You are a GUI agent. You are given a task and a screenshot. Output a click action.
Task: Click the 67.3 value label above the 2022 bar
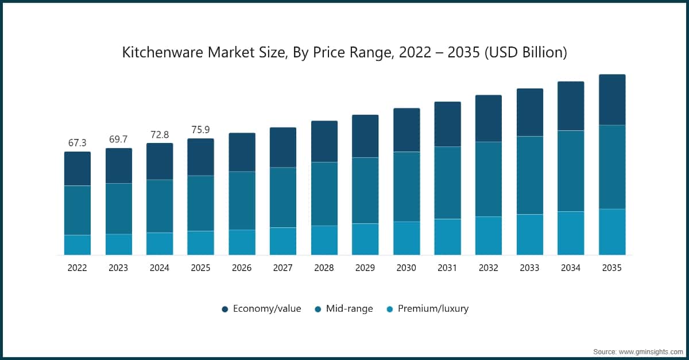pos(77,143)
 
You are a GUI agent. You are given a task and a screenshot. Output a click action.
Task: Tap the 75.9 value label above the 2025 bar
pos(200,130)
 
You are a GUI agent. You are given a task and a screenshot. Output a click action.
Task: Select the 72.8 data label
pos(159,134)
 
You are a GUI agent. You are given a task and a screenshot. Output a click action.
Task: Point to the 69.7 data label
pos(118,140)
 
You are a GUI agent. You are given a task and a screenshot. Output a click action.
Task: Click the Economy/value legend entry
pos(261,309)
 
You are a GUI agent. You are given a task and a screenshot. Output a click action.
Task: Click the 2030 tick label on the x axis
pos(406,268)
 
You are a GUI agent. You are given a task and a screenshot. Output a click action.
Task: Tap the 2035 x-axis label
pos(611,268)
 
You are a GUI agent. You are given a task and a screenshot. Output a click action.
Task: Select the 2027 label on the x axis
pos(282,268)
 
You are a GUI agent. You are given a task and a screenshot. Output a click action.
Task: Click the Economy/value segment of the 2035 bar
pos(612,100)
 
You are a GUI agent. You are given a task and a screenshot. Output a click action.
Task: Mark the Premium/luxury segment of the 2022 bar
pos(77,245)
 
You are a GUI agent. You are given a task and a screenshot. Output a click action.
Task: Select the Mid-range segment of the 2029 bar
pos(365,191)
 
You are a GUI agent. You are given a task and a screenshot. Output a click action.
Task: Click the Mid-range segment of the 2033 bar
pos(529,175)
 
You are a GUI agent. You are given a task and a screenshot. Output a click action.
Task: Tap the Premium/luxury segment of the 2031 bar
pos(447,237)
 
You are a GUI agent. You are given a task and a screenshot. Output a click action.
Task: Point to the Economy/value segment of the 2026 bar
pos(242,152)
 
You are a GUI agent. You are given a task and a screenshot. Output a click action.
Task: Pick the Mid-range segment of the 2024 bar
pos(159,206)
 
